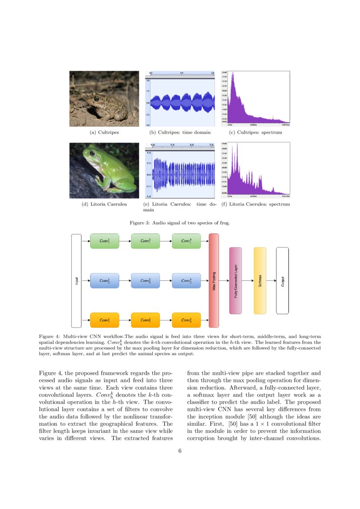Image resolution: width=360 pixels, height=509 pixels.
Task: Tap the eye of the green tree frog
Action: click(x=92, y=153)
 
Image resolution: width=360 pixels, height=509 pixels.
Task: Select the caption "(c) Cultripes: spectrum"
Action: click(x=256, y=132)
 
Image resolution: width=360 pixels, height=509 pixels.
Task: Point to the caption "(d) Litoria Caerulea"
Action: click(x=104, y=204)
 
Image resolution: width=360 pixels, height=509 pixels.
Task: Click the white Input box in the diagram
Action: click(x=77, y=281)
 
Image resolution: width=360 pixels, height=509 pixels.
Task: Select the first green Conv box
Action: click(x=104, y=241)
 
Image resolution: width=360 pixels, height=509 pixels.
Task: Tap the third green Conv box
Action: click(x=186, y=241)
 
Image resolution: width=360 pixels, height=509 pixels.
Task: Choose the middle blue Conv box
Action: click(x=145, y=281)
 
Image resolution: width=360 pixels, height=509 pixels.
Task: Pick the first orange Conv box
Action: click(x=104, y=320)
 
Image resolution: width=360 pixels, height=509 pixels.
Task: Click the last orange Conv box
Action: click(x=186, y=320)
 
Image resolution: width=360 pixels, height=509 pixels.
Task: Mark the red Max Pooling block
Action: click(x=214, y=281)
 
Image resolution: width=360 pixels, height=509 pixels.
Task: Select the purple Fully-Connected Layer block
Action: click(x=236, y=281)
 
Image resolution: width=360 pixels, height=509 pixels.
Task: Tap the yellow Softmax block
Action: click(x=260, y=281)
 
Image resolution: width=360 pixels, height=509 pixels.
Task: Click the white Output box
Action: click(x=283, y=281)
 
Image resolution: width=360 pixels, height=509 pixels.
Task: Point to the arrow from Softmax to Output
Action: click(x=271, y=281)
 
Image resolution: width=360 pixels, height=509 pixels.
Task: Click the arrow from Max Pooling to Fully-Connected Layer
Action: click(x=224, y=281)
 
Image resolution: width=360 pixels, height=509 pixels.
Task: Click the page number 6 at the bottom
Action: click(x=180, y=451)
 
